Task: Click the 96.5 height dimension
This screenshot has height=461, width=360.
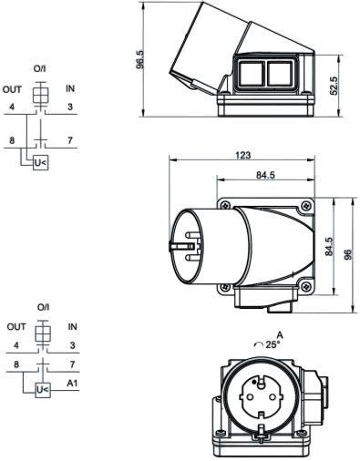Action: (x=140, y=59)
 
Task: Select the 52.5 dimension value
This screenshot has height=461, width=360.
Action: (x=334, y=86)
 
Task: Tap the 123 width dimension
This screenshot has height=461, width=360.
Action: (x=243, y=155)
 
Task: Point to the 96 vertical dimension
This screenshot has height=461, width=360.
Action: (x=348, y=254)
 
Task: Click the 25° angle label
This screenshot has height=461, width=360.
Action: (x=273, y=344)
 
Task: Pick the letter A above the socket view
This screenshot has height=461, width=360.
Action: (x=280, y=335)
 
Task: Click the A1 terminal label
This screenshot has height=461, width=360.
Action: (x=72, y=384)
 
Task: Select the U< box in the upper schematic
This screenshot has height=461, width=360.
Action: (x=41, y=163)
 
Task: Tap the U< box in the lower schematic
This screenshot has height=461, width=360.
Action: (x=43, y=390)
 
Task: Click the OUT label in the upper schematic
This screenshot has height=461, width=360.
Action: (x=12, y=89)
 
